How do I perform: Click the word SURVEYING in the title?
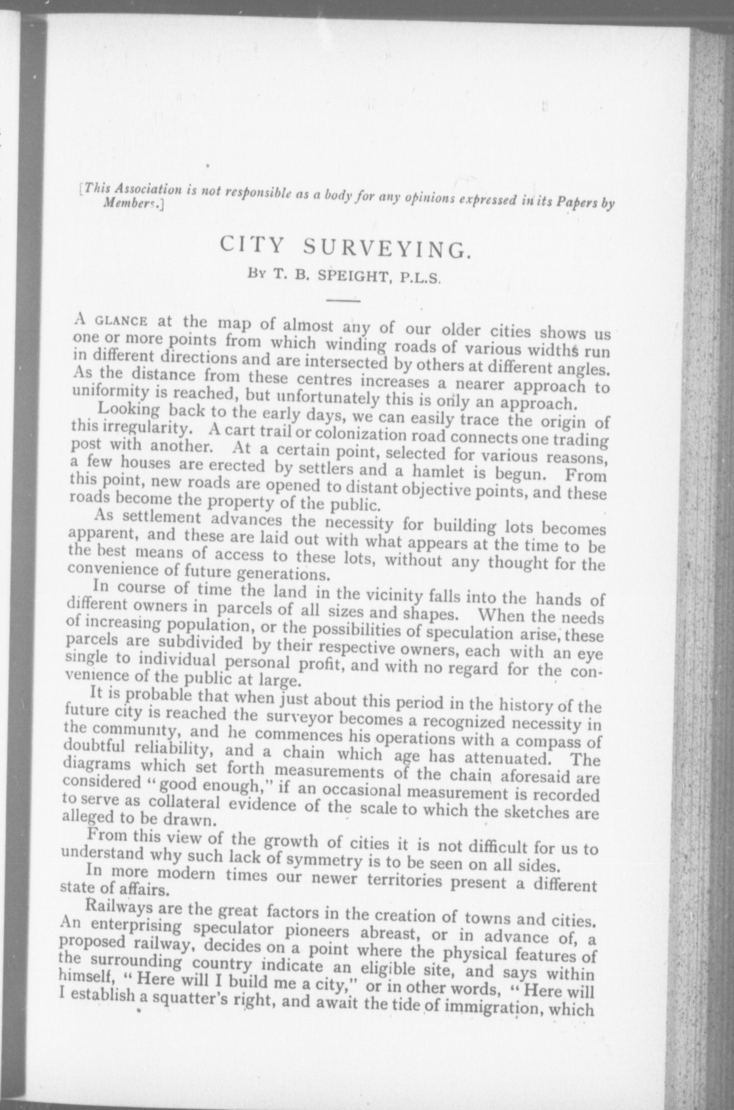pyautogui.click(x=384, y=249)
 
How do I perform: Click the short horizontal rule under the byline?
pyautogui.click(x=343, y=301)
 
